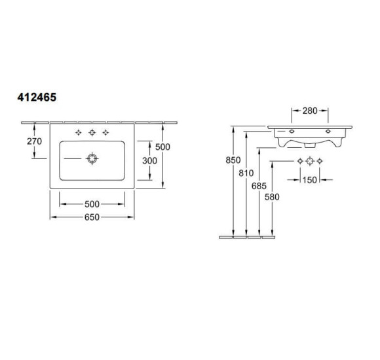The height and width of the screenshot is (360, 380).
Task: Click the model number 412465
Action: pos(37,98)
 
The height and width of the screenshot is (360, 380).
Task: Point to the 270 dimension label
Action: pos(35,141)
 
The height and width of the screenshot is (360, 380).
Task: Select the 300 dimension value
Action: pos(149,160)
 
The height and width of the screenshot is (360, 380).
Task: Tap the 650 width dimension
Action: pos(92,217)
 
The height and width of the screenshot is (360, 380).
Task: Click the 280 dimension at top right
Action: pos(310,111)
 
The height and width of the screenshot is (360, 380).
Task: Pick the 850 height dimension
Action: pos(233,160)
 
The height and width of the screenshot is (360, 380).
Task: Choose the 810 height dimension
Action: pos(246,173)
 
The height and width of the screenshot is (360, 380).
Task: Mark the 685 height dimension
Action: pos(259,186)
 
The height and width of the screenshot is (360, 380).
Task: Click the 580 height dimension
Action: pos(272,197)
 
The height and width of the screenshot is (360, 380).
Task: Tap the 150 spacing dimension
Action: pos(310,180)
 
